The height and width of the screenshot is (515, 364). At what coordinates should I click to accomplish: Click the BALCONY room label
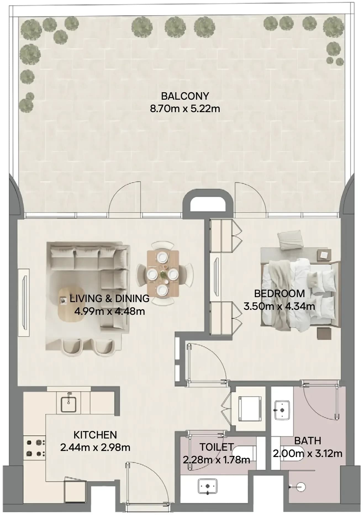click(185, 96)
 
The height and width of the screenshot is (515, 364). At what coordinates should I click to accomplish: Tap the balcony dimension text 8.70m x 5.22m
click(185, 109)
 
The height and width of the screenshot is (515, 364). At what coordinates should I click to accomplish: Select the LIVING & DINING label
click(110, 299)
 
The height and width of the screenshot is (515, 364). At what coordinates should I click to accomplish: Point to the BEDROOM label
click(279, 294)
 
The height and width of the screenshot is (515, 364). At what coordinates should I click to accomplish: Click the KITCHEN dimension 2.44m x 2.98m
click(95, 447)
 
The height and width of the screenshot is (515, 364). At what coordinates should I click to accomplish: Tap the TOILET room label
click(217, 447)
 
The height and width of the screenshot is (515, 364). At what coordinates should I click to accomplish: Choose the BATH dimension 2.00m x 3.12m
click(308, 453)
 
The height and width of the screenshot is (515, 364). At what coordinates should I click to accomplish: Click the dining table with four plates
click(163, 274)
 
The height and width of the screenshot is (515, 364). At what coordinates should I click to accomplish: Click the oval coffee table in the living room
click(71, 305)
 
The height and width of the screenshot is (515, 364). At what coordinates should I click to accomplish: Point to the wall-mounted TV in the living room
click(24, 302)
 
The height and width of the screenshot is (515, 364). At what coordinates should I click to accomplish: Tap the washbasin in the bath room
click(282, 410)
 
